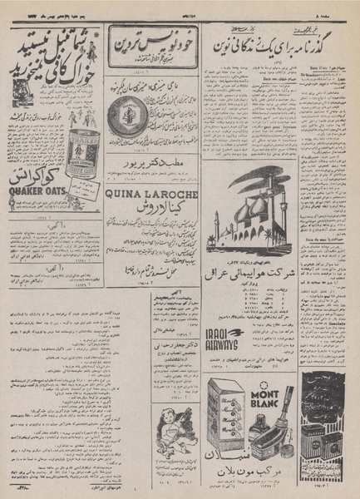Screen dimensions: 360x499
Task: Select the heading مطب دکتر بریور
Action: coord(149,163)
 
